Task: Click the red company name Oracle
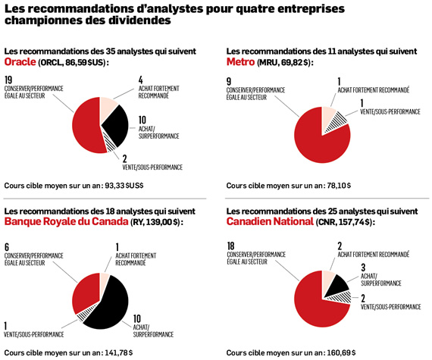click(20, 62)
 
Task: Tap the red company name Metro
click(240, 62)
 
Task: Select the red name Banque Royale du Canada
click(67, 221)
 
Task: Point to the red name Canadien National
click(270, 221)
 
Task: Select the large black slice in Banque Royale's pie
click(110, 303)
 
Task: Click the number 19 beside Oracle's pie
click(8, 80)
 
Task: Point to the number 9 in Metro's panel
click(229, 82)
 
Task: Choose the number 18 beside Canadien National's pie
click(231, 246)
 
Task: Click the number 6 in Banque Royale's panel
click(7, 247)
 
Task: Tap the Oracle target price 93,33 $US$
click(124, 186)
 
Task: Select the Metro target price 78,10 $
click(339, 186)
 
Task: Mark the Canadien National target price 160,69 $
click(341, 352)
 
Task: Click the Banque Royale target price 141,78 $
click(118, 352)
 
